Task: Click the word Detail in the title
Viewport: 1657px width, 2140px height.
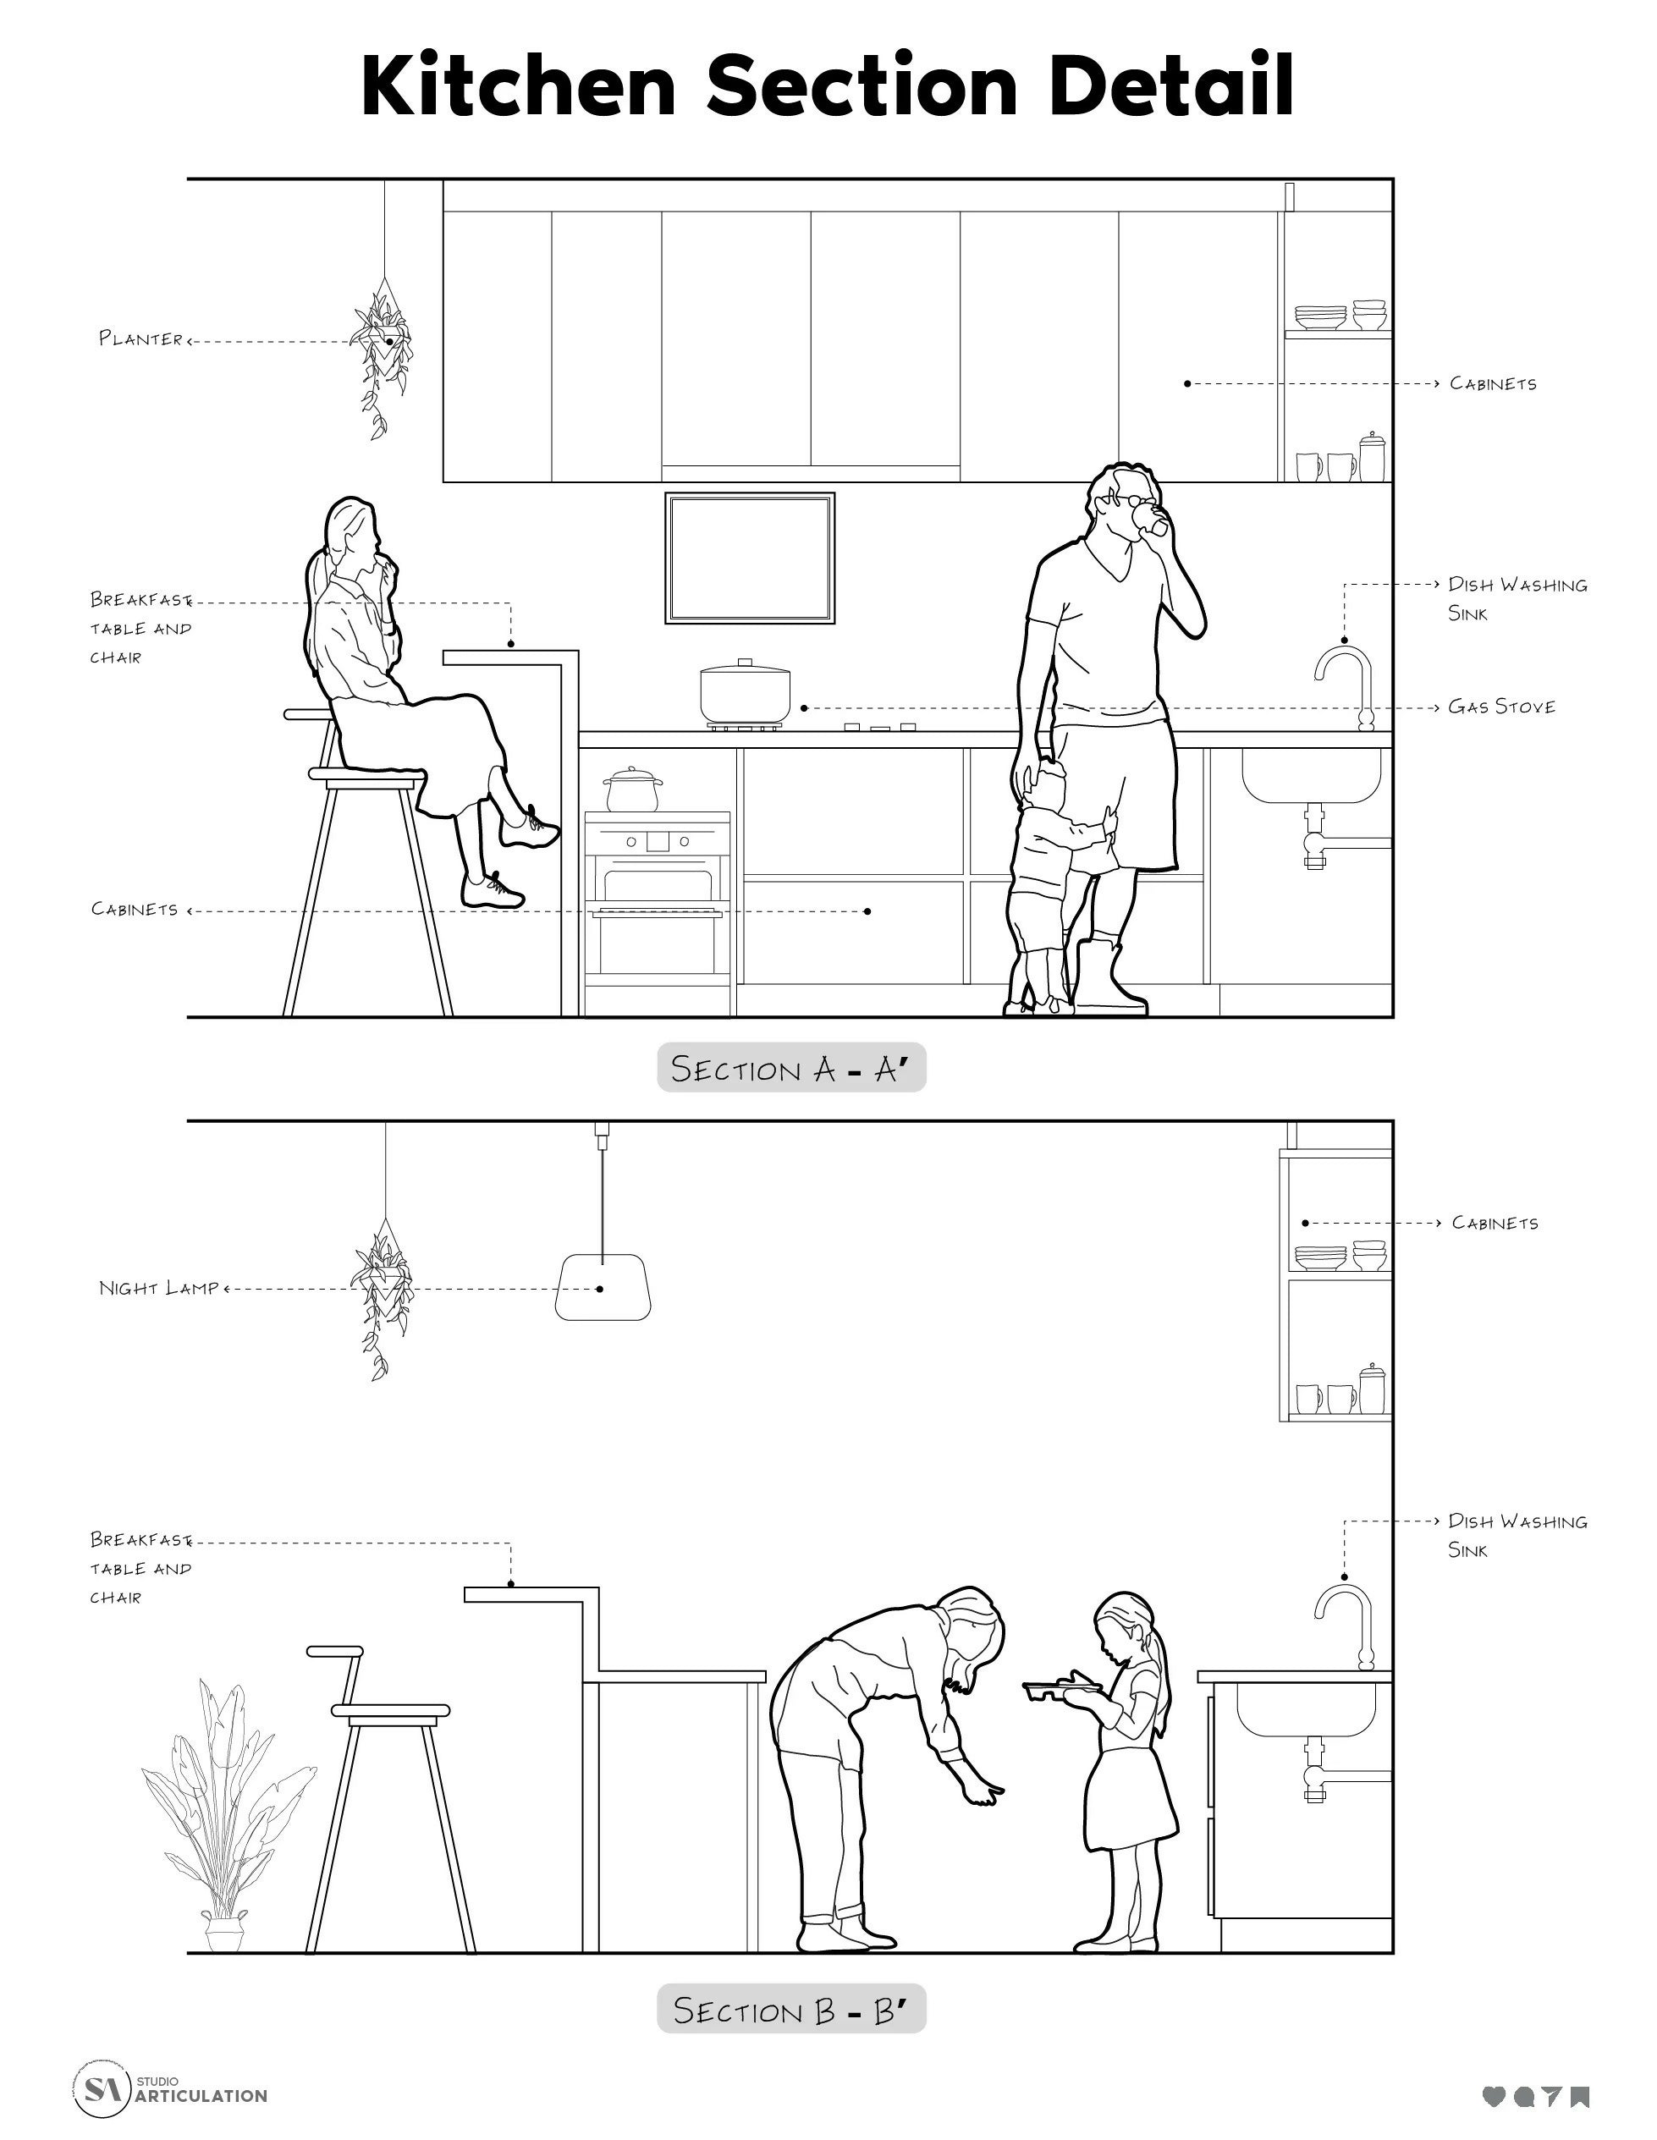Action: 1171,85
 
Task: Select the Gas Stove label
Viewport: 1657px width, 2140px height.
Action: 1501,707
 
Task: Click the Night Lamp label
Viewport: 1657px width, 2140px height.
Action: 159,1288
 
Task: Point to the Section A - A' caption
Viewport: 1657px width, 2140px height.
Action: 792,1068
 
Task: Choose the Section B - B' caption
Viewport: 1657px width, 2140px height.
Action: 792,2009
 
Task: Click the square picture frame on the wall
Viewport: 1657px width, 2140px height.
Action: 751,558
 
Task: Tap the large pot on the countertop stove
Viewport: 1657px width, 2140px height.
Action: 745,694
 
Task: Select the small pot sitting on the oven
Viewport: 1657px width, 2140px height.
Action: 633,789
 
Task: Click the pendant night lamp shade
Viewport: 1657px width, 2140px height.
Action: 603,1286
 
